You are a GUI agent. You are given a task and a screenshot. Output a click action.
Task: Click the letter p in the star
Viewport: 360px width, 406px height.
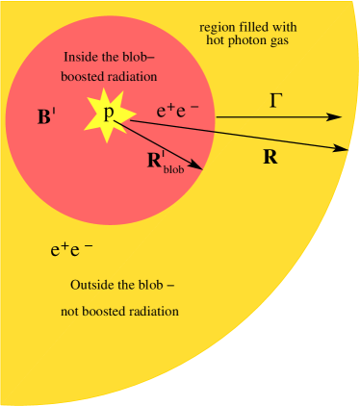(109, 113)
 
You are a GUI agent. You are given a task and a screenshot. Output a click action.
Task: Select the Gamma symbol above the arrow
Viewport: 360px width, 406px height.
(275, 99)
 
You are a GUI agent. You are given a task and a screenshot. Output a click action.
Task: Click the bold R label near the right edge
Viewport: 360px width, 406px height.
(270, 157)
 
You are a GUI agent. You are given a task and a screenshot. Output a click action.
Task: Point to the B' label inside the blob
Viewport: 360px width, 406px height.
(46, 119)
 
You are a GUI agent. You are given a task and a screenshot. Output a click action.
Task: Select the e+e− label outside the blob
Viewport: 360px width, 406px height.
(71, 250)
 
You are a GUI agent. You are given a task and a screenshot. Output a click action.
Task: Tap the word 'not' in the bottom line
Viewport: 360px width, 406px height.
(72, 311)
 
